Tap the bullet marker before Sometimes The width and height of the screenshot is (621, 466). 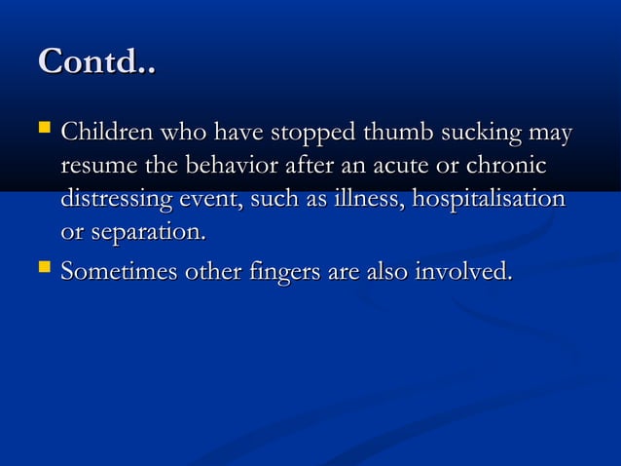(44, 269)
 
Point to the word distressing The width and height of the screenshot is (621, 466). (121, 201)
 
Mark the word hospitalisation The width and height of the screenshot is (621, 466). (489, 201)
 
